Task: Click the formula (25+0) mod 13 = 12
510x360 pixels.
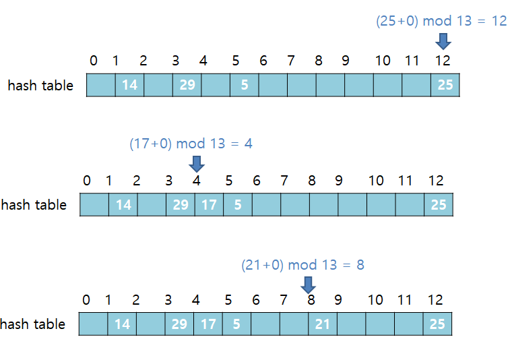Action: pos(441,21)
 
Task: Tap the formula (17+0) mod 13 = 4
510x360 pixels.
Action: pos(191,144)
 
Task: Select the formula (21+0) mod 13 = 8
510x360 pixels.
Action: pos(302,265)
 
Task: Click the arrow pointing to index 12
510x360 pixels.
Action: pos(443,42)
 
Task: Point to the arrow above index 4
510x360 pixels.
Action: pos(197,163)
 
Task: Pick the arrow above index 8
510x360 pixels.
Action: pos(309,284)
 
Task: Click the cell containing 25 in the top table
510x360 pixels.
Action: pos(445,85)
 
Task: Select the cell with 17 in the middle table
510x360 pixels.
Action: pos(209,204)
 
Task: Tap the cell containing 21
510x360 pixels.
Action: pos(323,324)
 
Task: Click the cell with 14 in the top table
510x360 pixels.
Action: pos(129,85)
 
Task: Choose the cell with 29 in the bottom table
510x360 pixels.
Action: pos(179,324)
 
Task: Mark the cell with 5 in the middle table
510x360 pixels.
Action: pos(238,204)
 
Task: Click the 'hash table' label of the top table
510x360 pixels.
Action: pos(40,86)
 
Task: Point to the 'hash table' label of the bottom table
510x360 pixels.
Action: pos(33,324)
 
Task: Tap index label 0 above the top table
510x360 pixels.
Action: pos(93,61)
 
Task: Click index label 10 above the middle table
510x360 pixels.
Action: pos(376,181)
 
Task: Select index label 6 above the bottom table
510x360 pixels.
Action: pos(255,301)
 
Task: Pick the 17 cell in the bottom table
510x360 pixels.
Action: pos(208,324)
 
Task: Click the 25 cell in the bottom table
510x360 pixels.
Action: pos(437,324)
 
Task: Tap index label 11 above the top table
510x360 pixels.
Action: pos(412,61)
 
